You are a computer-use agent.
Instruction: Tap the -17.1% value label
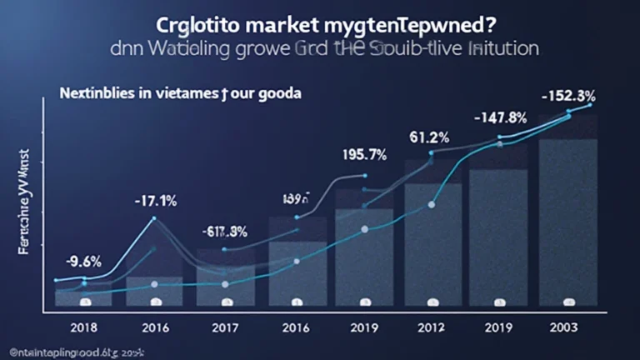click(x=154, y=201)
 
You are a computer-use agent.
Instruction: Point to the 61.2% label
click(x=430, y=136)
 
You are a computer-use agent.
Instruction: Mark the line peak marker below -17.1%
click(x=154, y=219)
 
